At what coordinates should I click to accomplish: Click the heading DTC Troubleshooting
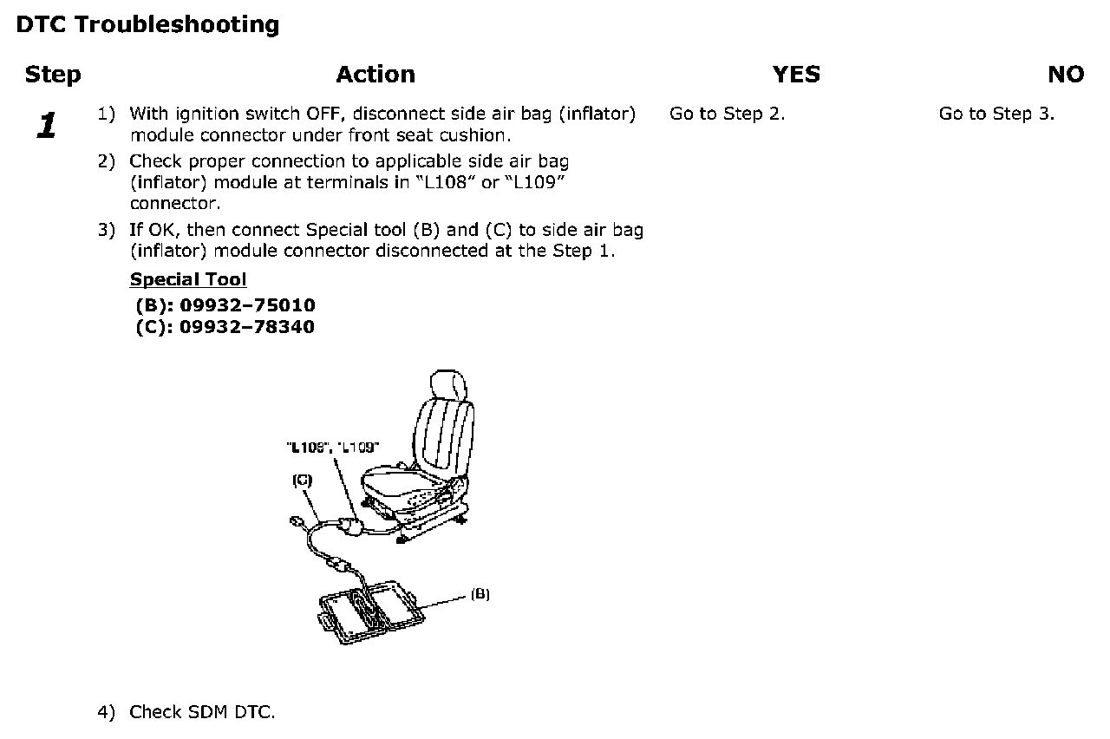(147, 24)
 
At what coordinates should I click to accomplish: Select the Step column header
(53, 75)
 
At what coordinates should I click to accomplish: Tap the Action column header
(375, 75)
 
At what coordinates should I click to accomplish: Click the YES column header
(795, 75)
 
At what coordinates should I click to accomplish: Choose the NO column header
(1065, 75)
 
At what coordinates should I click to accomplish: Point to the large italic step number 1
(46, 126)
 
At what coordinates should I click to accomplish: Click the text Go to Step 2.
(727, 114)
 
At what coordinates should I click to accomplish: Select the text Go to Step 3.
(996, 114)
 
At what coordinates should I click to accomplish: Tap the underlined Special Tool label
(188, 279)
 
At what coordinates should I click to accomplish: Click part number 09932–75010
(247, 305)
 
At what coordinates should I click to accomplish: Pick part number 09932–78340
(247, 327)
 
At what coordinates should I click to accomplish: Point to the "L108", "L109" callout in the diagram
(332, 448)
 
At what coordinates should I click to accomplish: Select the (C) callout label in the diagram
(303, 480)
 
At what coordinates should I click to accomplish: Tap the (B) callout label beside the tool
(480, 594)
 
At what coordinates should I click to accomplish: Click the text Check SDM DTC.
(201, 713)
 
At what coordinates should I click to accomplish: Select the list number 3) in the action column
(106, 230)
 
